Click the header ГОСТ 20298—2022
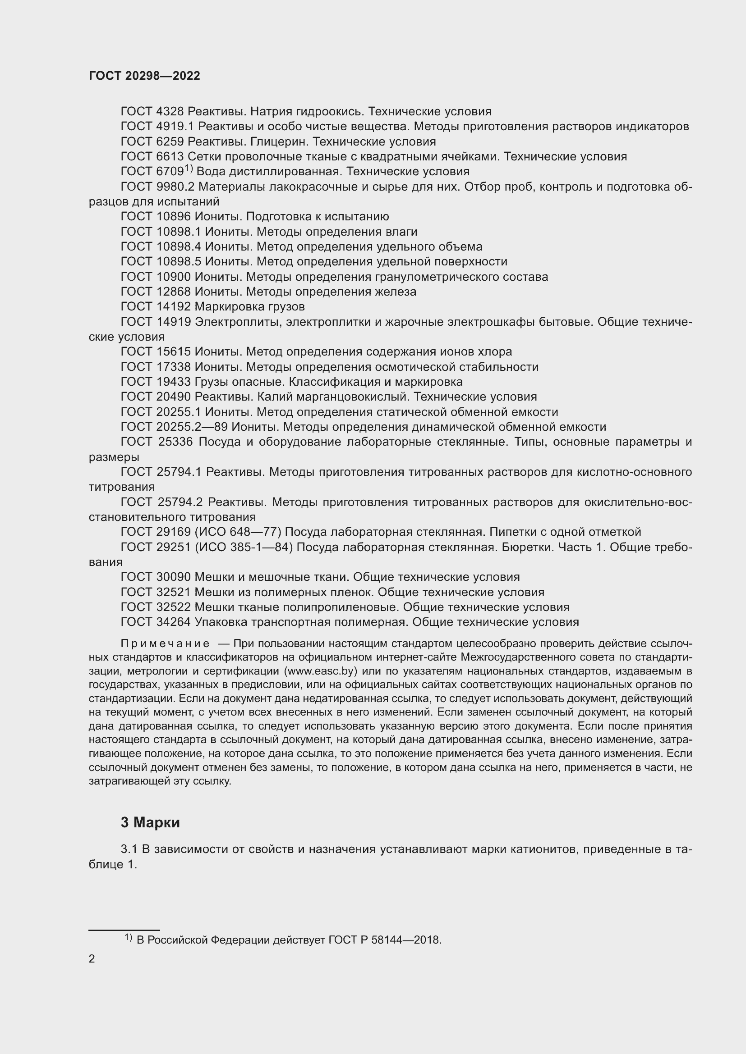pyautogui.click(x=144, y=76)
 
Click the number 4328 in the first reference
pyautogui.click(x=170, y=112)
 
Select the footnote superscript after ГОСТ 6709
pyautogui.click(x=189, y=169)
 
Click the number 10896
pyautogui.click(x=173, y=217)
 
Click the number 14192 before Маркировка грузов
pyautogui.click(x=173, y=307)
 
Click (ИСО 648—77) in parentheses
pyautogui.click(x=238, y=532)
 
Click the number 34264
pyautogui.click(x=173, y=622)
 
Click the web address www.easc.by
pyautogui.click(x=321, y=671)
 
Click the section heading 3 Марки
pyautogui.click(x=150, y=823)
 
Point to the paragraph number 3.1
pyautogui.click(x=129, y=849)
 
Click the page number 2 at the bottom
pyautogui.click(x=92, y=959)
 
